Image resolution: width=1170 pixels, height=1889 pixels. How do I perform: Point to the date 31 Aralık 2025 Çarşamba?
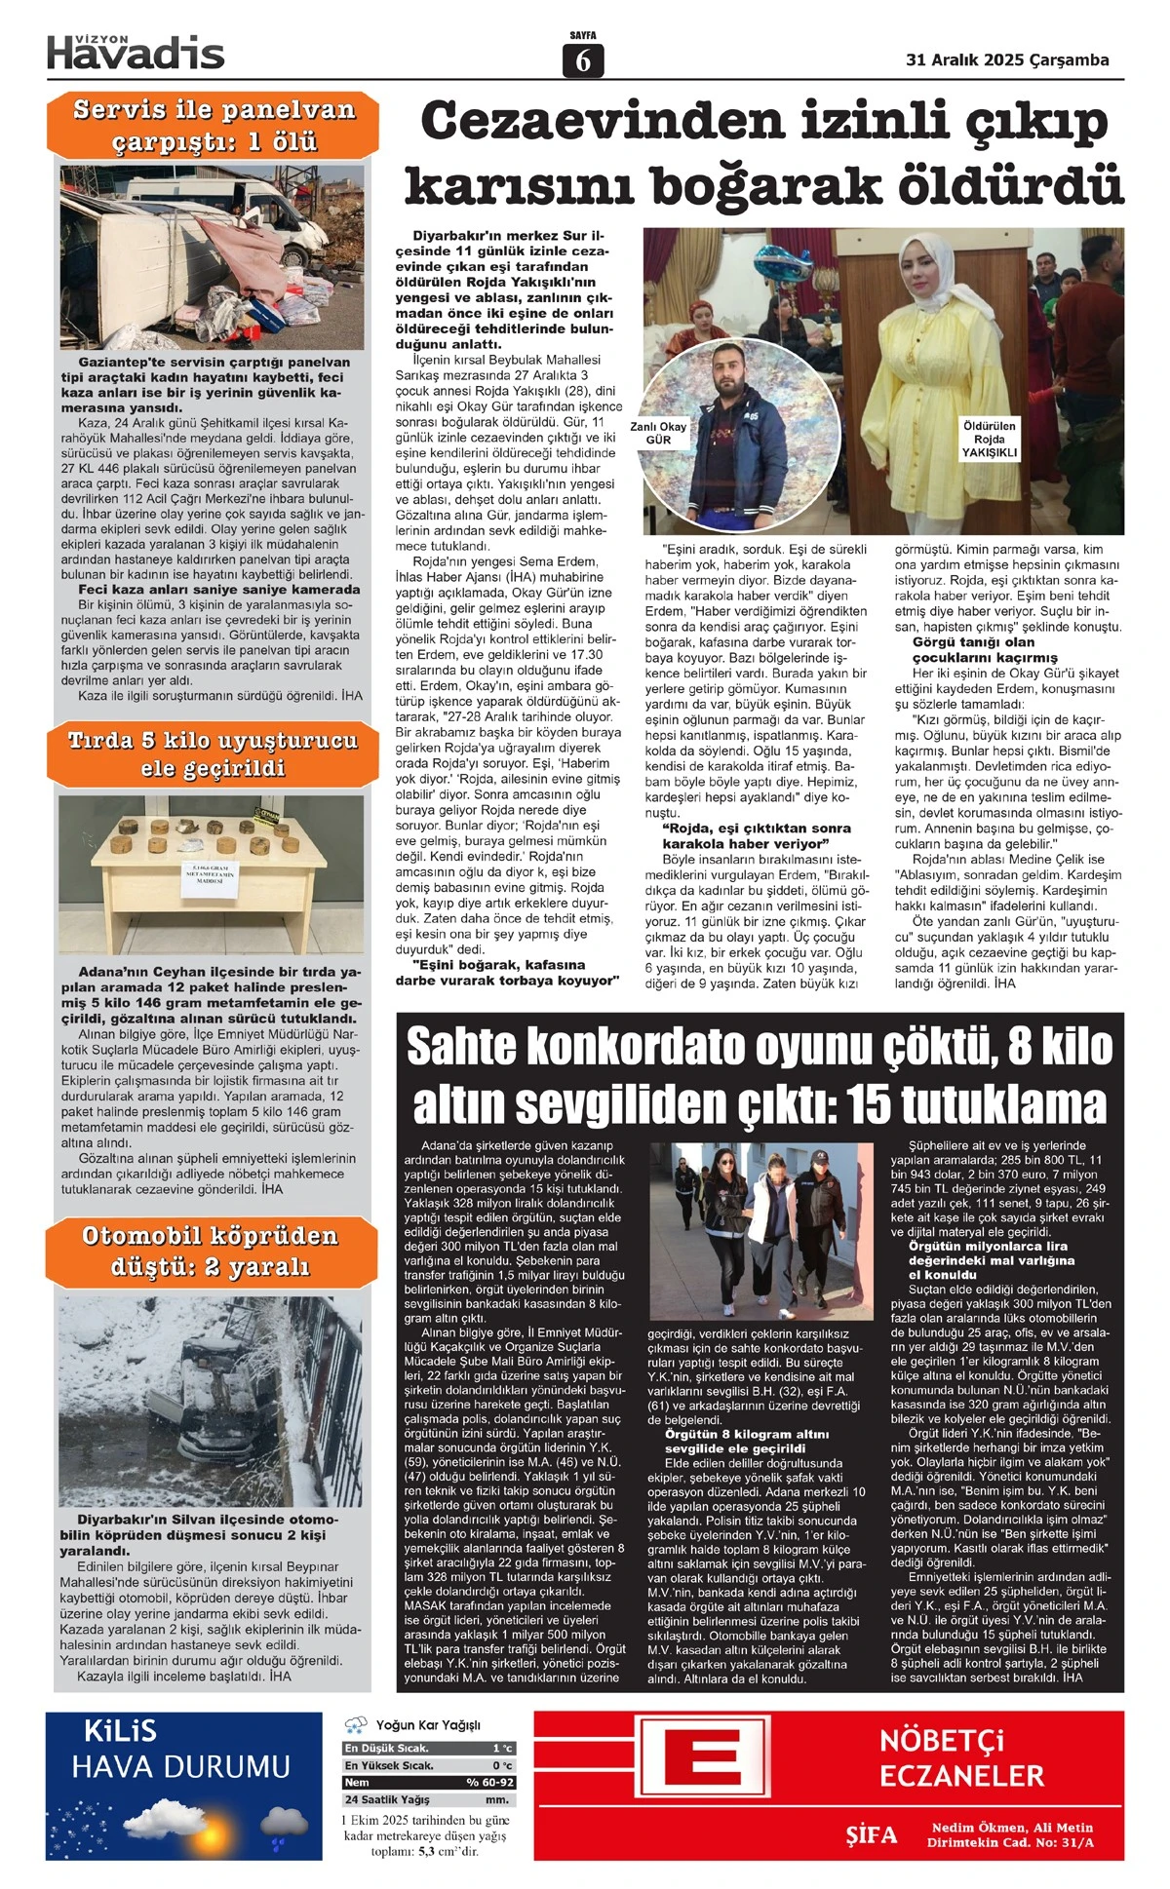pyautogui.click(x=1007, y=59)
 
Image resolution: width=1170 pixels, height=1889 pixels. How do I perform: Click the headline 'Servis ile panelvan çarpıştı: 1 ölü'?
pyautogui.click(x=214, y=126)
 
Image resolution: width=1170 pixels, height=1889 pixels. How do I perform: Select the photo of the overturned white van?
pyautogui.click(x=212, y=255)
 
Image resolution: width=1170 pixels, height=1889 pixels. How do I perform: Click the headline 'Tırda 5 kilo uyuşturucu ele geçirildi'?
pyautogui.click(x=213, y=753)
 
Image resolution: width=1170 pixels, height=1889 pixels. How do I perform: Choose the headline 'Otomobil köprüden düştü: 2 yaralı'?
pyautogui.click(x=211, y=1250)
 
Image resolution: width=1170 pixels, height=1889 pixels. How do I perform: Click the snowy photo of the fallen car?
pyautogui.click(x=211, y=1399)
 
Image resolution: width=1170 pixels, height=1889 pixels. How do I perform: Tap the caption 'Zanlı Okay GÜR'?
pyautogui.click(x=658, y=433)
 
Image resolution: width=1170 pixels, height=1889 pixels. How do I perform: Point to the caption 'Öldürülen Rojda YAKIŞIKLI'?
pyautogui.click(x=989, y=439)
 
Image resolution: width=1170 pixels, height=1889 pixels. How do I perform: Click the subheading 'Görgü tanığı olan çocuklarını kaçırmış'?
pyautogui.click(x=985, y=650)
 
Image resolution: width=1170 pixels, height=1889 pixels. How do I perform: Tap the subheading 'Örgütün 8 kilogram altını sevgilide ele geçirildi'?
pyautogui.click(x=747, y=1441)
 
